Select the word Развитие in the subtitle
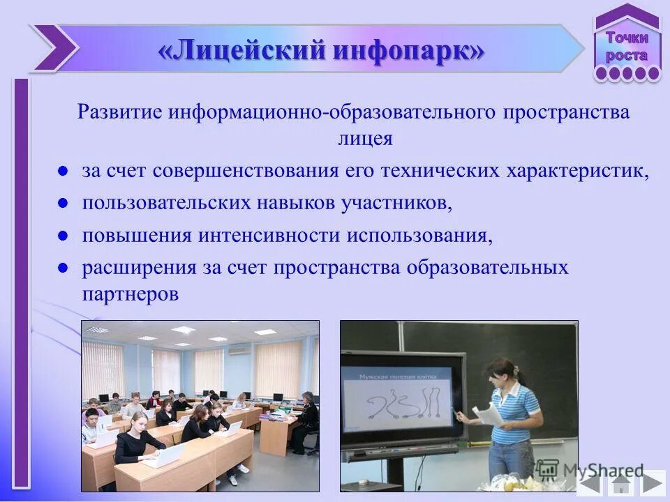119,112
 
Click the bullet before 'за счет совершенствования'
62,171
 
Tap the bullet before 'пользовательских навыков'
62,203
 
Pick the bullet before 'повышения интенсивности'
62,235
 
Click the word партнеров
131,294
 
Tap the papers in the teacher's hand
489,414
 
